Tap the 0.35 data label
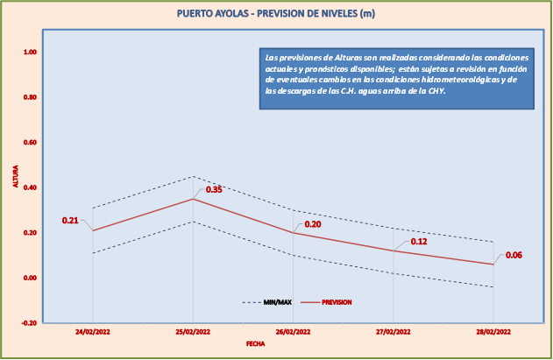pyautogui.click(x=214, y=189)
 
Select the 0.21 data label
pyautogui.click(x=70, y=220)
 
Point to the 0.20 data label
pyautogui.click(x=313, y=224)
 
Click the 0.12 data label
pyautogui.click(x=419, y=242)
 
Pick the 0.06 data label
pyautogui.click(x=514, y=255)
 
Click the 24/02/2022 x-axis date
pyautogui.click(x=92, y=333)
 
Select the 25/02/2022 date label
pyautogui.click(x=193, y=333)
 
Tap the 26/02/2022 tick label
pyautogui.click(x=293, y=333)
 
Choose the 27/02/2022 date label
pyautogui.click(x=393, y=333)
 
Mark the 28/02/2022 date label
pyautogui.click(x=493, y=333)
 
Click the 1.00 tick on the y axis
pyautogui.click(x=30, y=53)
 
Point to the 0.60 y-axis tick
pyautogui.click(x=30, y=143)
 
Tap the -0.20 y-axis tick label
pyautogui.click(x=29, y=323)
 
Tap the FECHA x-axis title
pyautogui.click(x=256, y=344)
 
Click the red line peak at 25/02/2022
pyautogui.click(x=193, y=199)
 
